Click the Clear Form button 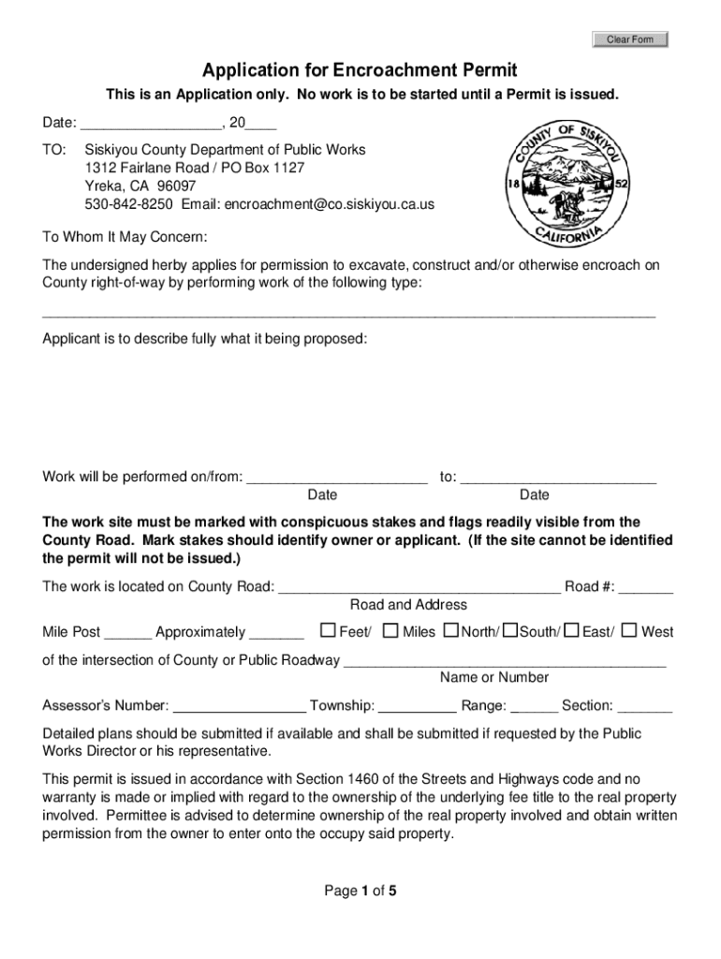(630, 39)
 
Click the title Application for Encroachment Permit (360, 71)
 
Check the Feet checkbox (328, 630)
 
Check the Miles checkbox (391, 630)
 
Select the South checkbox (510, 630)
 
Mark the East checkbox (572, 630)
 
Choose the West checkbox (629, 630)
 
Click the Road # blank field (645, 588)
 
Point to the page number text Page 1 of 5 (360, 892)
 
